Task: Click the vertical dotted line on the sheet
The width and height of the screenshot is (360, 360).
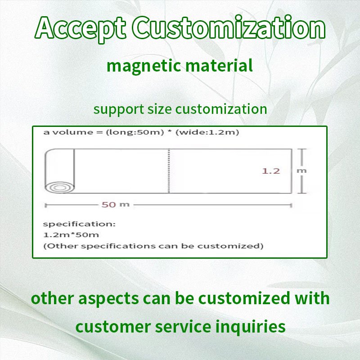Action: coord(169,171)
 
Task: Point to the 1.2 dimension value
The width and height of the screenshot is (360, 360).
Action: coord(271,171)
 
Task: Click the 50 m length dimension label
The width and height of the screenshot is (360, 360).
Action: coord(115,205)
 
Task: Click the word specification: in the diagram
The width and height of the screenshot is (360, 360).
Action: coord(80,224)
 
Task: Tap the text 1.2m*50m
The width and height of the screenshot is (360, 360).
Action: coord(71,234)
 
